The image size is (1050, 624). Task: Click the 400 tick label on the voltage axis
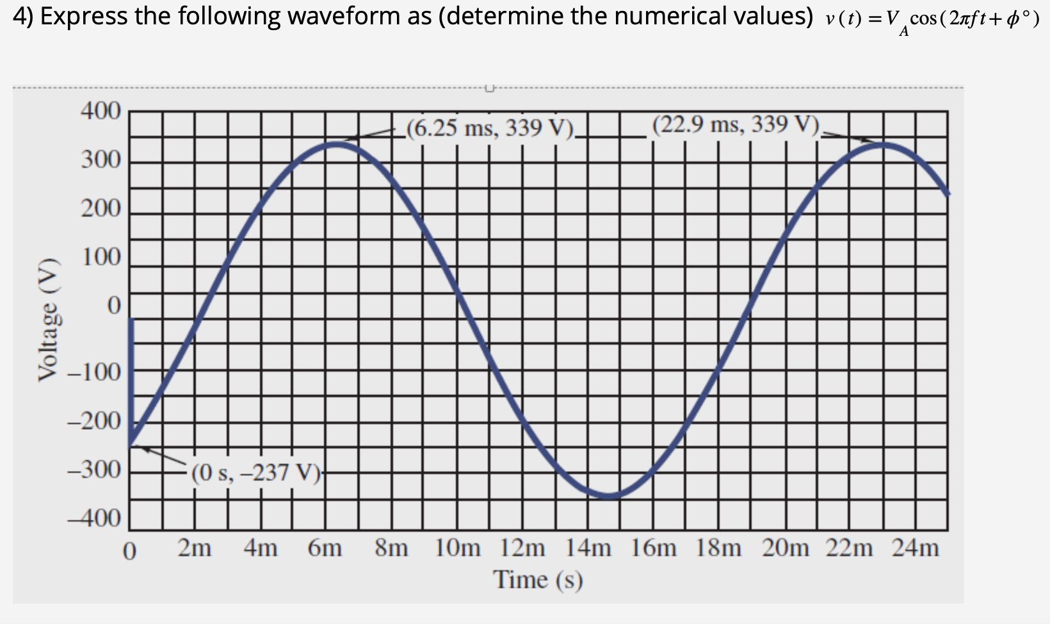101,111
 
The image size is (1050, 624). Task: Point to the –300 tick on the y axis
94,470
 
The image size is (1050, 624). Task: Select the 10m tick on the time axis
458,549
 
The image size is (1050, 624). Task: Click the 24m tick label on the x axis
915,549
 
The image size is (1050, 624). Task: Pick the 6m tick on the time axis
325,549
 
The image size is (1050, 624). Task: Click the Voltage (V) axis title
49,322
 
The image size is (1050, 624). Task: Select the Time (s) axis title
538,580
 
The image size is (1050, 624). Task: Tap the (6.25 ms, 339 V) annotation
491,128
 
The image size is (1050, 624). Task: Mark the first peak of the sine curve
337,144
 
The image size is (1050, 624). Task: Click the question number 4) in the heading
24,16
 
